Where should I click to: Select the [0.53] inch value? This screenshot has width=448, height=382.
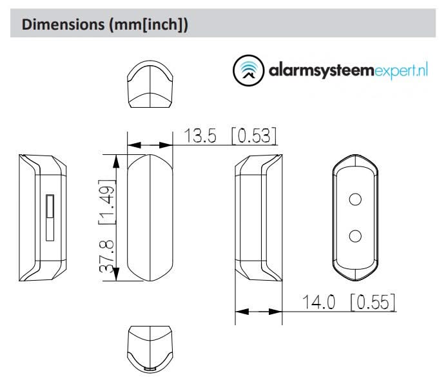[254, 136]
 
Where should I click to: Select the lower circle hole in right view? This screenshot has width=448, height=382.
[354, 236]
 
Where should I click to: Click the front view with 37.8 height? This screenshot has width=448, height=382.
[150, 216]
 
